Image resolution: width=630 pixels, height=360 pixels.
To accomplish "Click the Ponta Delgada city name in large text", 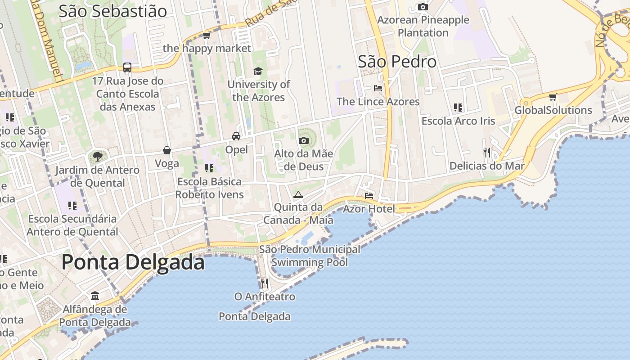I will pos(133,262).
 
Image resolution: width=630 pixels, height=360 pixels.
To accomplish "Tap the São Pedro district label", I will pos(397,62).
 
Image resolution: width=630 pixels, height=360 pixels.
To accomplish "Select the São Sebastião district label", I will pos(112,11).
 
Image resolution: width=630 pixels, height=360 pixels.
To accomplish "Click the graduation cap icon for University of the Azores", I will pos(258,71).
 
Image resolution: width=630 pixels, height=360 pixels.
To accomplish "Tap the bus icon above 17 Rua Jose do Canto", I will pos(127,67).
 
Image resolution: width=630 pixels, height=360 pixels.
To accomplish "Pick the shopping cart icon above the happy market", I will pos(207,35).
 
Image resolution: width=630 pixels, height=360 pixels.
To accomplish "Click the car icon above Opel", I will pos(236,136).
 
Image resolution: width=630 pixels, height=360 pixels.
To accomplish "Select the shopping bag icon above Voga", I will pos(167,150).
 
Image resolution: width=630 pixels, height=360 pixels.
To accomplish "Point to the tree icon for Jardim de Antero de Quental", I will pos(97,157).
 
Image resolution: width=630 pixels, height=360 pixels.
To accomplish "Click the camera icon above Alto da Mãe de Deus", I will pos(304,140).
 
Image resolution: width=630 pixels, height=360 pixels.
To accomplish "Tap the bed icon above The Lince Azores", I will pos(378,88).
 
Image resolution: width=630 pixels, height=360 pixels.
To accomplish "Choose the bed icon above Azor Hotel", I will pos(369,195).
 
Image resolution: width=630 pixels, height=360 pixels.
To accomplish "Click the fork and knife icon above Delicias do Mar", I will pos(487,152).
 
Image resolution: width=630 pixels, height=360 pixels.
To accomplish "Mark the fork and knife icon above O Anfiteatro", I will pos(265,283).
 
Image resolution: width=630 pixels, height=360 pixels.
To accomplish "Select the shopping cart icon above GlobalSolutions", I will pos(553,97).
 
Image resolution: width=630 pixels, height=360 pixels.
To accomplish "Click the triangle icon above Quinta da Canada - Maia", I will pos(298,194).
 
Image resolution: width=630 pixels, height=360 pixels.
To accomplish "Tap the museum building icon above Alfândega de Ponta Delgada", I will pos(95,296).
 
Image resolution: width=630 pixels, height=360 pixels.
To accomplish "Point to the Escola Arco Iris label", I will pos(458,121).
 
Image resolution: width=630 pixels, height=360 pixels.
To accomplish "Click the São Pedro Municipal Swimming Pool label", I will pos(310,256).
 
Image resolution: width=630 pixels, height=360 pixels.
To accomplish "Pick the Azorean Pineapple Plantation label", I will pos(423,26).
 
